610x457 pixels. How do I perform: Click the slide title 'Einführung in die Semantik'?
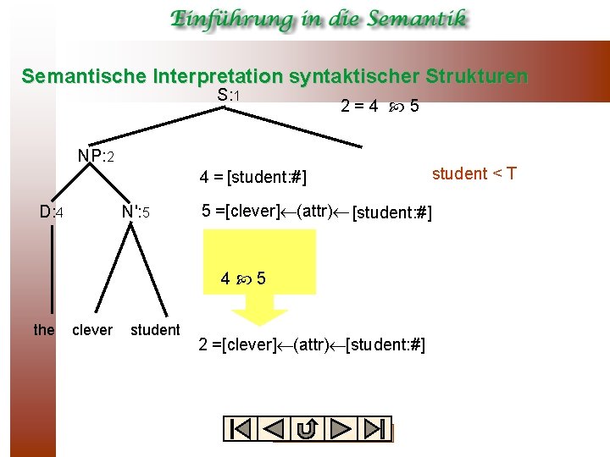click(318, 19)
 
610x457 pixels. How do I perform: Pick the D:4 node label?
click(53, 211)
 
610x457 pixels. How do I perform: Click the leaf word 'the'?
click(44, 329)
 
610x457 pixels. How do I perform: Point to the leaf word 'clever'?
click(92, 329)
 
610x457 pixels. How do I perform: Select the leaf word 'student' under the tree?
click(155, 329)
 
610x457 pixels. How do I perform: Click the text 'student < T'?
click(474, 174)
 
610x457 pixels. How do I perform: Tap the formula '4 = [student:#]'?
click(252, 178)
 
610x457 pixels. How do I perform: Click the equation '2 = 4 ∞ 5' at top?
click(380, 107)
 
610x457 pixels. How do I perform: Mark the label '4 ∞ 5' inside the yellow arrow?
click(243, 278)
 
